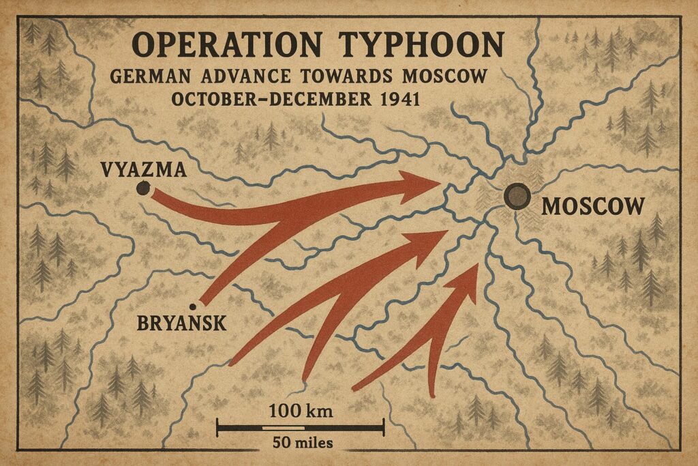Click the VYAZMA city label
click(142, 169)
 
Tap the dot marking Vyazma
click(143, 190)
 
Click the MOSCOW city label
click(592, 206)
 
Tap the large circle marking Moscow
click(517, 196)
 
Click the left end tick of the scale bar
click(217, 428)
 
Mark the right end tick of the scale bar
click(384, 428)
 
